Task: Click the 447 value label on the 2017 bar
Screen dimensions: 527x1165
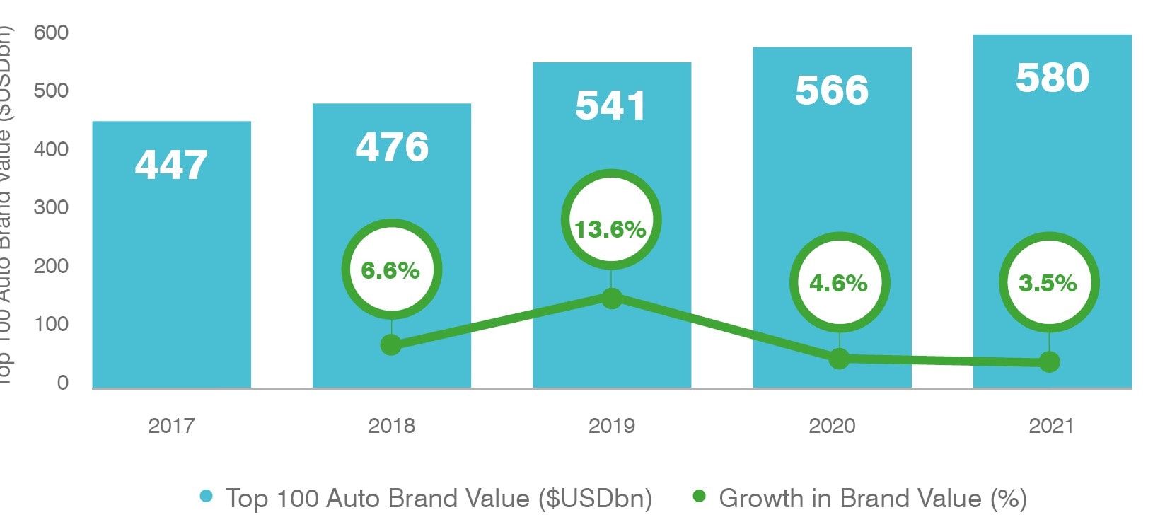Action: pos(171,165)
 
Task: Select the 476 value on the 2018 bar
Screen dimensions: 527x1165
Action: pos(392,147)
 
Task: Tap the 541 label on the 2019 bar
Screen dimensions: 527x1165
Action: pos(610,105)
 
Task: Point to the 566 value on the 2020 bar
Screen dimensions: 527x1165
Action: pos(832,91)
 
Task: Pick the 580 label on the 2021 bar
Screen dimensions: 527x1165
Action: pos(1053,78)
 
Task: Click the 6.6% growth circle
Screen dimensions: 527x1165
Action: pos(391,270)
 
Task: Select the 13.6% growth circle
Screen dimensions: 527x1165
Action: pos(611,220)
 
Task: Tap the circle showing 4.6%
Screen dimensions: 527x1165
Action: pos(839,283)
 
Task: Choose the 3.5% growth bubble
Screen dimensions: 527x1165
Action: pos(1048,283)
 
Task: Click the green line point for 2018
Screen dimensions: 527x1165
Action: pos(391,345)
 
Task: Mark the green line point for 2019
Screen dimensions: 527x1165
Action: pos(612,298)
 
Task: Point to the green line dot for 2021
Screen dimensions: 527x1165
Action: pos(1049,362)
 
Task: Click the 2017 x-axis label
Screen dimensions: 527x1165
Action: pos(171,426)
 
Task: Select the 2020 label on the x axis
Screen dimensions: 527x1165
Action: pos(832,426)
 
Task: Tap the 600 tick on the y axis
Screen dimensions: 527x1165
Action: pos(51,33)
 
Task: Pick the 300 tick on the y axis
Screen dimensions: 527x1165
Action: pos(51,207)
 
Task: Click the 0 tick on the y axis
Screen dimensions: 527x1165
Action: pos(62,383)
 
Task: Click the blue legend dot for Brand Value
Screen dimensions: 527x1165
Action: pos(207,497)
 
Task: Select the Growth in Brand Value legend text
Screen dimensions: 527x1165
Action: pos(872,499)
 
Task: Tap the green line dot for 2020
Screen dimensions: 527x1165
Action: pos(839,359)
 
